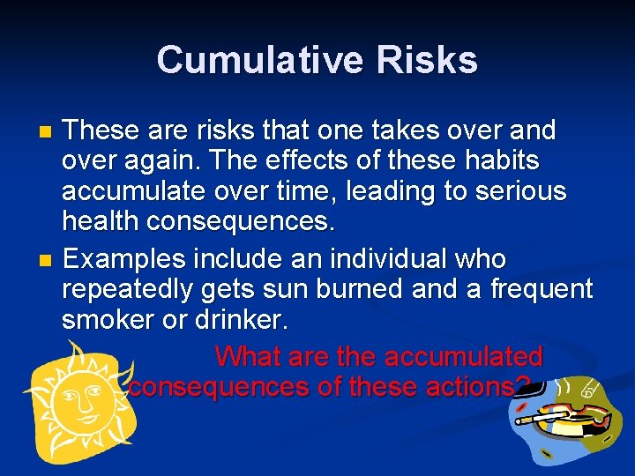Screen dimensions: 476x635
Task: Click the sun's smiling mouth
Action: tap(84, 414)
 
